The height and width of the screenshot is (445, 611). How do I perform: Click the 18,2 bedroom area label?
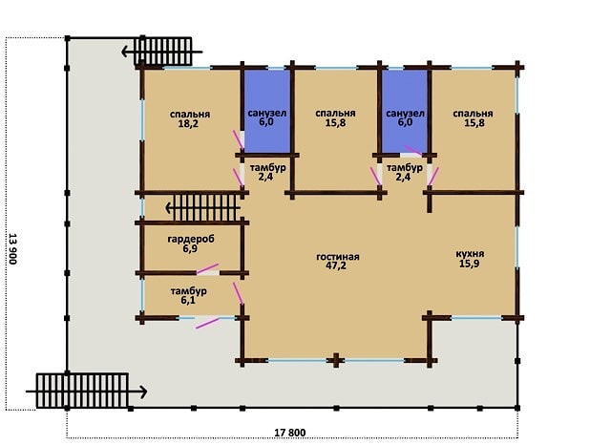coord(190,119)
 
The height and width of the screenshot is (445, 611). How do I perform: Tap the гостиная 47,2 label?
coord(337,262)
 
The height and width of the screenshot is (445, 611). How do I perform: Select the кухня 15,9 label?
coord(470,259)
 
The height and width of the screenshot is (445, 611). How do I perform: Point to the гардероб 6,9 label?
coord(191,244)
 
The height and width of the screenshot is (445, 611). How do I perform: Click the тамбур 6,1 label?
coord(189,295)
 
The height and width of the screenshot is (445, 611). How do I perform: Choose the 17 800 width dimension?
coord(290,433)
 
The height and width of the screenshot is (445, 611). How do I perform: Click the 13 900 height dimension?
coord(12,248)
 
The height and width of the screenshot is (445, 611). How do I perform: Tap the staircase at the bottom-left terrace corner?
coord(82,391)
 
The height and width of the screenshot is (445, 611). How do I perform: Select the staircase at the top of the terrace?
coord(163,51)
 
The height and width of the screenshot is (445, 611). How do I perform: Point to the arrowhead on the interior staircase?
coord(170,208)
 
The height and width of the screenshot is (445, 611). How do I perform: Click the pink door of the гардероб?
coord(208,269)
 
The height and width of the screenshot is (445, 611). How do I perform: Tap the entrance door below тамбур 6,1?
coord(207,323)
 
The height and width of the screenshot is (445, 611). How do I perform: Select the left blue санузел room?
coord(267,111)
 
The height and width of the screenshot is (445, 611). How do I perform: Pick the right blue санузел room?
coord(405,111)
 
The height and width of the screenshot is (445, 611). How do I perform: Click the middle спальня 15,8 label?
coord(335,118)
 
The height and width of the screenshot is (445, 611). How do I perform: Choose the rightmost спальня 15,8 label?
coord(473,118)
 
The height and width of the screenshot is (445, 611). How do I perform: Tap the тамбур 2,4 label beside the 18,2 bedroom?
coord(267,172)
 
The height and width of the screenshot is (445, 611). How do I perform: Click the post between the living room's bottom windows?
coord(336,360)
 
